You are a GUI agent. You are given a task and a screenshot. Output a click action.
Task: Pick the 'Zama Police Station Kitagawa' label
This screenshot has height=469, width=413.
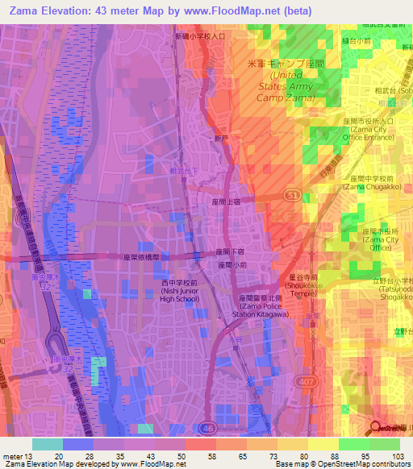(x=272, y=306)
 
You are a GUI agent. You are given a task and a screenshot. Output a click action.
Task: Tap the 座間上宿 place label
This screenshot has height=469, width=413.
(x=227, y=202)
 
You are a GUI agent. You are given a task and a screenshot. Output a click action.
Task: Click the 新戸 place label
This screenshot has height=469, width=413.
(x=220, y=139)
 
